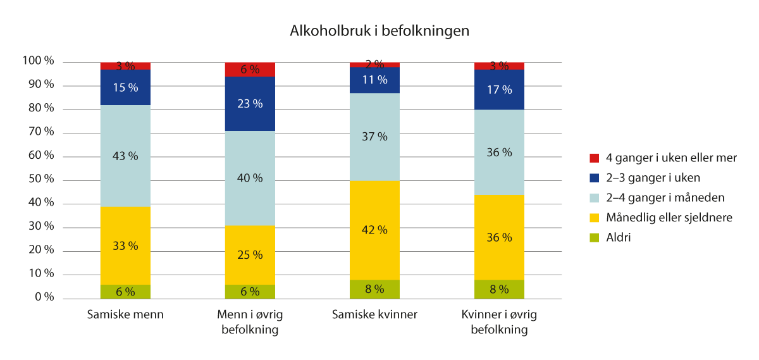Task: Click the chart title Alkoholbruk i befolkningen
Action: [x=379, y=31]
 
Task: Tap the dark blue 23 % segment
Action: [x=250, y=104]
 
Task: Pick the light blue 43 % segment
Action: [x=125, y=156]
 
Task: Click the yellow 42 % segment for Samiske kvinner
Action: [x=375, y=230]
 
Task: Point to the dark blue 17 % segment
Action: [x=500, y=90]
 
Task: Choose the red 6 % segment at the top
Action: [x=250, y=70]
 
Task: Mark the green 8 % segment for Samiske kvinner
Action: [x=375, y=289]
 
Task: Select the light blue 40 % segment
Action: [x=250, y=178]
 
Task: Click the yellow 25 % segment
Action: [x=250, y=255]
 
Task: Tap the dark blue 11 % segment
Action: [x=375, y=80]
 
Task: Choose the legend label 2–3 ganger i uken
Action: [x=651, y=178]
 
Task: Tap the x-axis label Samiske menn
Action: [x=125, y=315]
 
